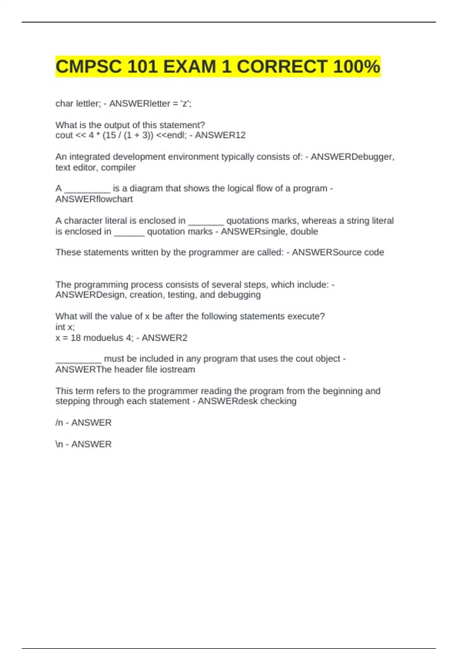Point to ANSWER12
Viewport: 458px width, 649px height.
220,135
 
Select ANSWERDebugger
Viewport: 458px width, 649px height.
352,157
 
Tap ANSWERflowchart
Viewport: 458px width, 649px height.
94,199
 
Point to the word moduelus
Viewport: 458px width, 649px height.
102,338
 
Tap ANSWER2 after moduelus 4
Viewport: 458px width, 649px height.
164,338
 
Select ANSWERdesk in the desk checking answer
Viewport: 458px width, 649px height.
227,401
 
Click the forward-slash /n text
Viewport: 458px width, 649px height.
59,423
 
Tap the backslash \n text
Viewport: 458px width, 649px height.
59,444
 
